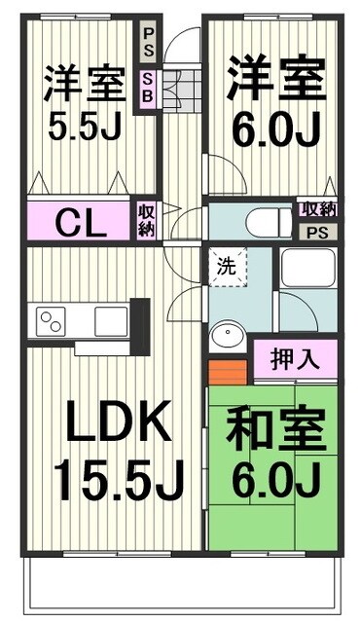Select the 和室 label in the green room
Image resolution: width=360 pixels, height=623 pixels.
tap(273, 431)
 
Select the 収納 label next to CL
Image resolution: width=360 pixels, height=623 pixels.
tap(146, 220)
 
